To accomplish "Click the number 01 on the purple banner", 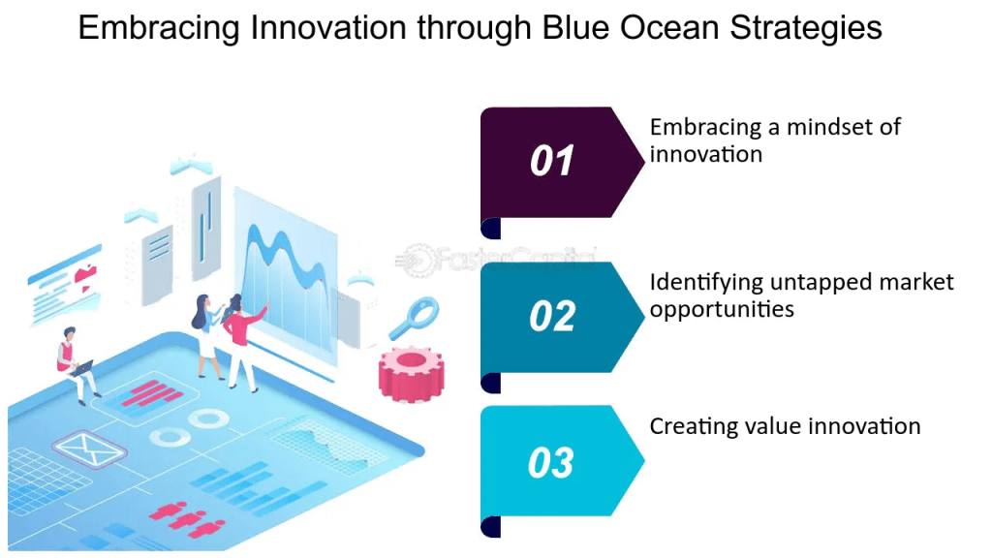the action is [551, 161].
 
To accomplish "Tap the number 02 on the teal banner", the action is [552, 317].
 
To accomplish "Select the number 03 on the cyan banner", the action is [551, 462].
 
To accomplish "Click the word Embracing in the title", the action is [159, 29].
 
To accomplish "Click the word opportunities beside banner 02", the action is [722, 309].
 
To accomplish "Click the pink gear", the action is [411, 373].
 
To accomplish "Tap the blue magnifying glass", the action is [414, 318].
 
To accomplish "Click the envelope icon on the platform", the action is [88, 449].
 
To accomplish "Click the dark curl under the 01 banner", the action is [491, 228].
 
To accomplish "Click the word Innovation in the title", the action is [327, 27].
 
